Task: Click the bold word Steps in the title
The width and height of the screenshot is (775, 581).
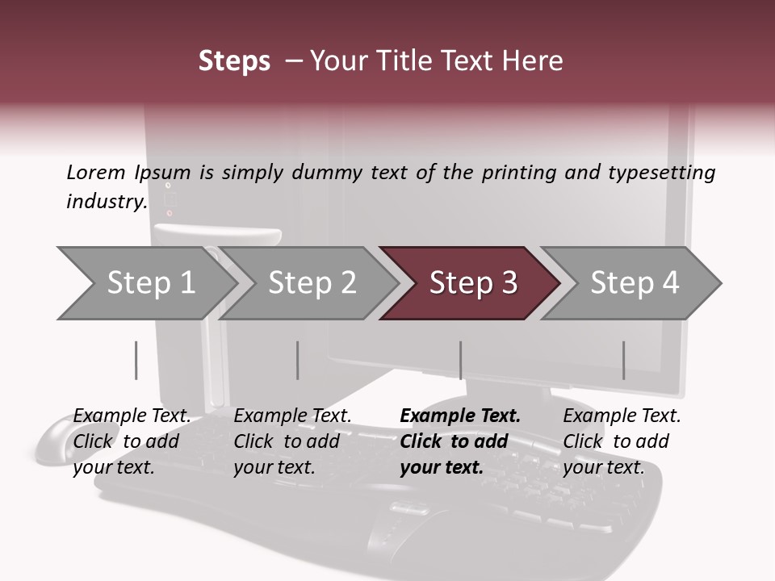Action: (x=234, y=61)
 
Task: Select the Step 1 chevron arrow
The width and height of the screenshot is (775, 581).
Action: (x=147, y=283)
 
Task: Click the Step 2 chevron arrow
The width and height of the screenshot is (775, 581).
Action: (x=308, y=283)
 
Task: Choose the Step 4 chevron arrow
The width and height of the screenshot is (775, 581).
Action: (x=630, y=283)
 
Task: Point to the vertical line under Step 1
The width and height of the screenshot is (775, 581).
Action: (x=136, y=360)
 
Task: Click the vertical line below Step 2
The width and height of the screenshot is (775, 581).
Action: (x=298, y=360)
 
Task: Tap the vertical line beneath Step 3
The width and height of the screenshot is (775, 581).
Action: (x=461, y=360)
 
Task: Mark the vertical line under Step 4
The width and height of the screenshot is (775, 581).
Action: (x=624, y=360)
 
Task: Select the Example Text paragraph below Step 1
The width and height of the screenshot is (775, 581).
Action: (x=132, y=441)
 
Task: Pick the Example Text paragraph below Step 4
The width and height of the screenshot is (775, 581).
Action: (x=622, y=441)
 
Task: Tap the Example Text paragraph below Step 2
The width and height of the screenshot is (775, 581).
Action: (x=292, y=441)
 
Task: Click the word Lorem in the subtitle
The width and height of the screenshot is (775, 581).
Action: (x=96, y=173)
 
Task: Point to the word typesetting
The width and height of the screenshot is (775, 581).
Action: (x=662, y=173)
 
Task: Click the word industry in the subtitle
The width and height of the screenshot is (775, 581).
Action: (x=107, y=202)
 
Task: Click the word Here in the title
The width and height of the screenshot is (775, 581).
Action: (x=532, y=61)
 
